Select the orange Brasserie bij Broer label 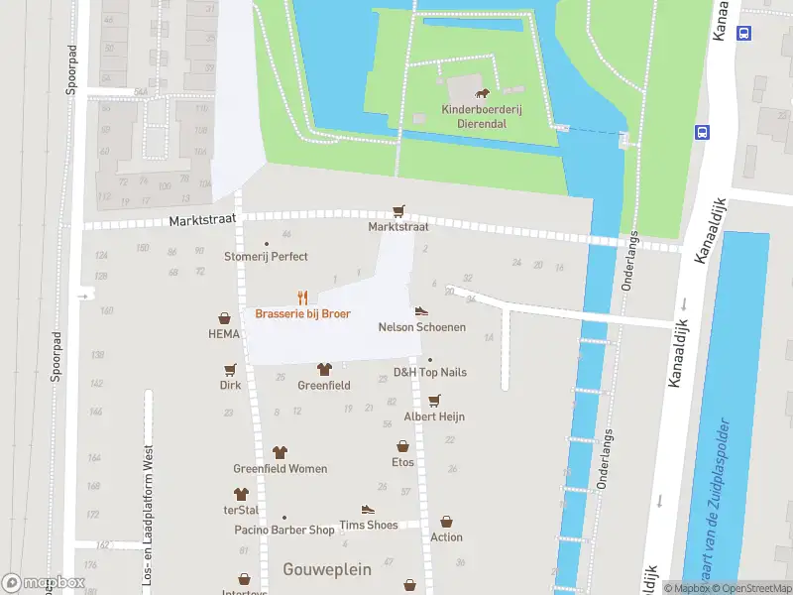(x=302, y=313)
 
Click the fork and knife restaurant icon (x=302, y=297)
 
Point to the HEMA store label (x=224, y=334)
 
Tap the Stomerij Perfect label (x=266, y=256)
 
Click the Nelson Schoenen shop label (x=421, y=327)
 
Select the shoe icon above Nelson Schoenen (x=421, y=310)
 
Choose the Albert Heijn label (x=434, y=416)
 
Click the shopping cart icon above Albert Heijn (x=434, y=400)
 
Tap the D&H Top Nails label (x=429, y=372)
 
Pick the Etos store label (x=402, y=462)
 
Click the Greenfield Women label (x=280, y=469)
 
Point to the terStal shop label (x=240, y=509)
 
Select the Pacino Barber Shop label (x=284, y=531)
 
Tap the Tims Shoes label (x=368, y=525)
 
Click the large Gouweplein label (x=327, y=569)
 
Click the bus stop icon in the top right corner (x=744, y=32)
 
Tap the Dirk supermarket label (x=230, y=385)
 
